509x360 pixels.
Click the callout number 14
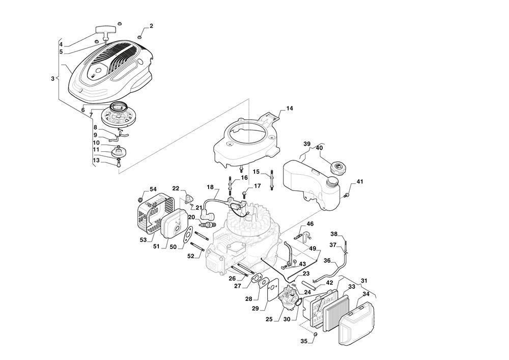coord(290,108)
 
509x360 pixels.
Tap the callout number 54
coord(153,189)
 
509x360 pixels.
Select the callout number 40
coord(320,148)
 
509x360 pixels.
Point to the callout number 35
coord(304,341)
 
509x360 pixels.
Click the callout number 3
coord(52,78)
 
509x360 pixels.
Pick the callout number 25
coord(269,319)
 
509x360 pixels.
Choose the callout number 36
coord(327,261)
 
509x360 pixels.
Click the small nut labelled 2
coord(139,35)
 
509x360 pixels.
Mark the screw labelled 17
coord(245,193)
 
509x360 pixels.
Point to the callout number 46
coord(310,224)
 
